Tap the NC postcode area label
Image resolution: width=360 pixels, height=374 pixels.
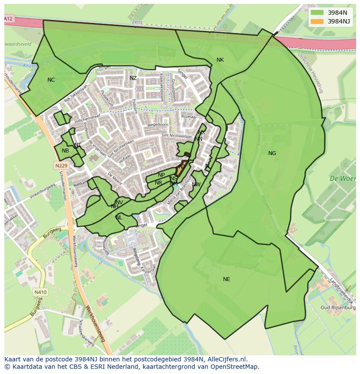[x=51, y=80]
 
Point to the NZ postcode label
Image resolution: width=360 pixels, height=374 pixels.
[x=133, y=78]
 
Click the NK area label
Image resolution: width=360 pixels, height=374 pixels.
[x=220, y=60]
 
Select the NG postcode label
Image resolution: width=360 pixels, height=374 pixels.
[x=272, y=153]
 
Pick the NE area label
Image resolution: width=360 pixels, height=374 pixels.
[x=227, y=279]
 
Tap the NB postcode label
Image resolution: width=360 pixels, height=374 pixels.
[x=65, y=151]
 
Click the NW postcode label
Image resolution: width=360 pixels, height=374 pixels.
[x=196, y=185]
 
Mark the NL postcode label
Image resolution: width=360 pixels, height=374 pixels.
[x=119, y=218]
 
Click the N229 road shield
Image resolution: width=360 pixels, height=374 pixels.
[x=62, y=165]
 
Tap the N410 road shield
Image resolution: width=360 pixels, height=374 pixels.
[x=40, y=292]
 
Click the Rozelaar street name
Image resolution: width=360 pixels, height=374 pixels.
[x=189, y=117]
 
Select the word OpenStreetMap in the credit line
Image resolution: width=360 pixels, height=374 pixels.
[x=235, y=367]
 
